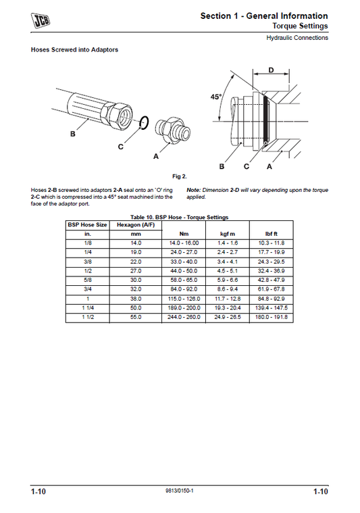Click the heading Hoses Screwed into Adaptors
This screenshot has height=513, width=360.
tap(75, 50)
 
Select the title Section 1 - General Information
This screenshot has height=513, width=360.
tap(264, 16)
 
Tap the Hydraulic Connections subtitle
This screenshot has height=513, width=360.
tap(297, 38)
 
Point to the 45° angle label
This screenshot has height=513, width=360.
tap(215, 97)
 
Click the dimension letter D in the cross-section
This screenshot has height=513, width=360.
tap(271, 70)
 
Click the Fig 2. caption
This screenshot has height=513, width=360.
tap(179, 176)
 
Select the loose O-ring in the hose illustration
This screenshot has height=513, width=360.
tap(143, 123)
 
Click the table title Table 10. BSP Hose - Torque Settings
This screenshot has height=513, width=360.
tap(180, 217)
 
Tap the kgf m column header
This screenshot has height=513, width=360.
tap(227, 233)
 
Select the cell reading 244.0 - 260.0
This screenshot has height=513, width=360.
tap(183, 316)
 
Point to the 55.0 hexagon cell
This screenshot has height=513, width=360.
tap(136, 316)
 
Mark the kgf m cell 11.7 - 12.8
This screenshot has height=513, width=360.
tap(227, 298)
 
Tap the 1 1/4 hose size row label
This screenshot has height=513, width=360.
tap(87, 308)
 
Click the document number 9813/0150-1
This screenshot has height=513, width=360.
tap(179, 491)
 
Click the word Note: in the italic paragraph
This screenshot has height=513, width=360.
tap(194, 190)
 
